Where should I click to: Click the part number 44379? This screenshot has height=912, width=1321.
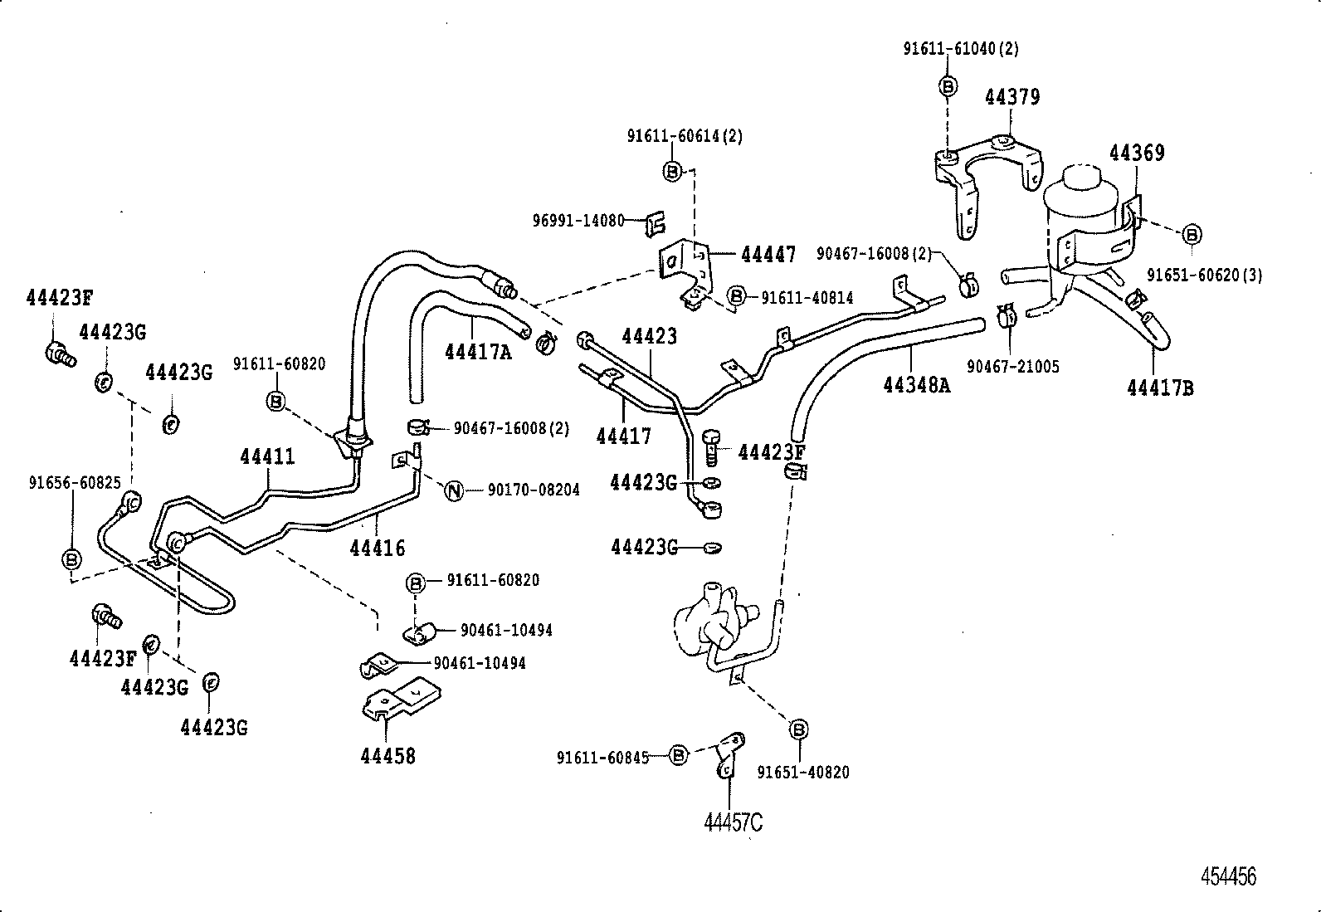click(1011, 97)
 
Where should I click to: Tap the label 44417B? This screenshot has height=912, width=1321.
click(1160, 387)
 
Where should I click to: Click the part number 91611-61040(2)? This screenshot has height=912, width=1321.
click(960, 49)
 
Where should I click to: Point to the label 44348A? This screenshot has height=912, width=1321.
click(916, 384)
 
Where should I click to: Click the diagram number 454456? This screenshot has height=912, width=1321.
click(1229, 876)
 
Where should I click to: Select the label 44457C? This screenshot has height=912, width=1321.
click(733, 822)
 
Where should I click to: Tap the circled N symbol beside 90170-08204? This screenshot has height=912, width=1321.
click(453, 490)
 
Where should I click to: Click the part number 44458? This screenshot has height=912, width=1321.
click(388, 756)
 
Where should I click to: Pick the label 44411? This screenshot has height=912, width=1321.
click(267, 456)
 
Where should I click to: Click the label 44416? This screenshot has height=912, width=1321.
click(378, 548)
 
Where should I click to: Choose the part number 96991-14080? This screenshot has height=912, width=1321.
click(578, 221)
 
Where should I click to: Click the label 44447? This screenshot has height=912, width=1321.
click(768, 255)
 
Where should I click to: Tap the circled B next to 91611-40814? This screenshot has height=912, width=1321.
click(735, 296)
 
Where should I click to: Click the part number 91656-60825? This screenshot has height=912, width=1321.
click(75, 483)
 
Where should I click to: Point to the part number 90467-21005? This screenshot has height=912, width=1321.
click(1012, 366)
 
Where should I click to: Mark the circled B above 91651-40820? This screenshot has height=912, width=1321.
click(798, 729)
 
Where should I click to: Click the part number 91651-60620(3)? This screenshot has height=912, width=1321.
click(1204, 275)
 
